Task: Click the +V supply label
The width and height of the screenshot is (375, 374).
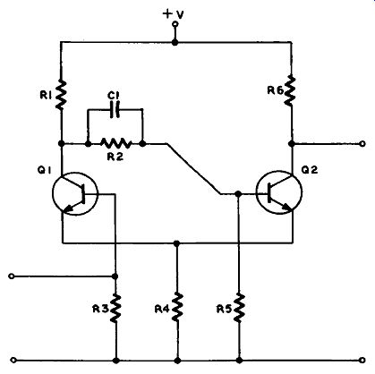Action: (174, 14)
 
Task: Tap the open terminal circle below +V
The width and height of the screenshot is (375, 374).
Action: (175, 24)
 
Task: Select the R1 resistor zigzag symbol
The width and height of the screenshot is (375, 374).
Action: (61, 95)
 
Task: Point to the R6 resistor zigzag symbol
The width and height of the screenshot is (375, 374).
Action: (290, 91)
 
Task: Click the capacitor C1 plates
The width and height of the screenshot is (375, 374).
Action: (115, 110)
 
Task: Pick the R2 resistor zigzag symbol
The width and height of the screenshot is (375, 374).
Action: (115, 143)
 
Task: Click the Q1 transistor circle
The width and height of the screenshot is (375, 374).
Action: (75, 193)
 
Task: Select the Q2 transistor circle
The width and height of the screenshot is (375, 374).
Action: (279, 192)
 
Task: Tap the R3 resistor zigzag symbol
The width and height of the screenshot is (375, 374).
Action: (115, 308)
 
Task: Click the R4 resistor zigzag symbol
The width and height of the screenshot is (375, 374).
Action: (178, 307)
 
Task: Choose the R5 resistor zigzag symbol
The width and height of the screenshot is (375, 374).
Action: (239, 308)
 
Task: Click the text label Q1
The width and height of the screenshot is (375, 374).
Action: (45, 170)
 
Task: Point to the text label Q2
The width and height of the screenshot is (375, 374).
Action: (310, 170)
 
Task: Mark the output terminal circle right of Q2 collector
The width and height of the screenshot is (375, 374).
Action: (362, 144)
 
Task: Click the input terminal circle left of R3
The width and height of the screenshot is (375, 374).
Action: (12, 276)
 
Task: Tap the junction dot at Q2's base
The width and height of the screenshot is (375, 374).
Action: (238, 194)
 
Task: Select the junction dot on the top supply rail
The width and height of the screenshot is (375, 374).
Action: (175, 43)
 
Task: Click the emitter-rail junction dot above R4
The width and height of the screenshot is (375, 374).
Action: (177, 243)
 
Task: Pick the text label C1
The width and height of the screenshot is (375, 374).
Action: (114, 96)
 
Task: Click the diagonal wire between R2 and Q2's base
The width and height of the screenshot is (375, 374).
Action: (194, 169)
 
